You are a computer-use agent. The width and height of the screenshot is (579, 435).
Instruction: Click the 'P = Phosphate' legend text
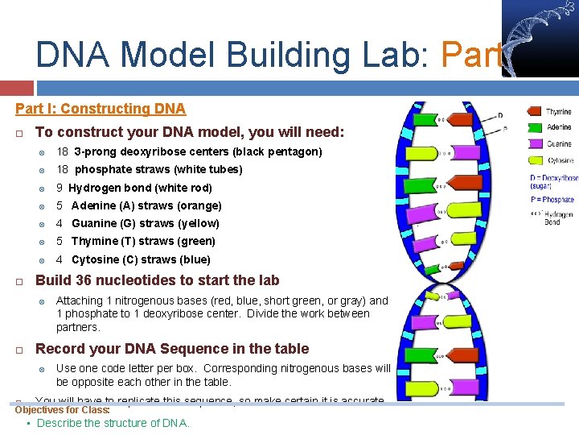(x=552, y=199)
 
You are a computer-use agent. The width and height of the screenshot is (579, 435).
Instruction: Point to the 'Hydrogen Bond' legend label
(x=558, y=217)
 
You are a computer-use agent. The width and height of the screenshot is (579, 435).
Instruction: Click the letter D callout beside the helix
(x=500, y=115)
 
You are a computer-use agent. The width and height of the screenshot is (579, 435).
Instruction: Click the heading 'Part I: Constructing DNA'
(x=101, y=109)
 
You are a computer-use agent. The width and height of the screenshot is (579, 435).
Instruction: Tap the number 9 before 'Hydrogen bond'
(x=60, y=188)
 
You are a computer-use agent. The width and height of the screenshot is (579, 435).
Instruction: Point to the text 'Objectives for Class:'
(x=63, y=410)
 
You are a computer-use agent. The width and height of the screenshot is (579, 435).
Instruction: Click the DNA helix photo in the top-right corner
(x=539, y=38)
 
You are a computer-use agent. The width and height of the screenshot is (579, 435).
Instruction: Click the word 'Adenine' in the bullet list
(x=93, y=205)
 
